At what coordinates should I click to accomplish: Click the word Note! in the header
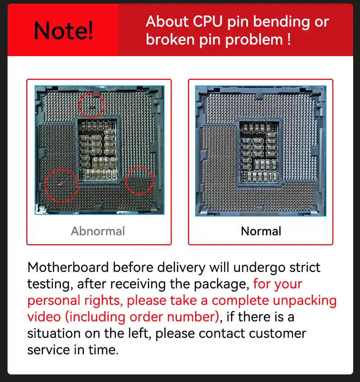pos(63,31)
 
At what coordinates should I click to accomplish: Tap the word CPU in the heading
pos(208,22)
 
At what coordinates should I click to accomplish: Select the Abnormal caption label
pos(98,231)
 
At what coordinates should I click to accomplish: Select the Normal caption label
pos(261,231)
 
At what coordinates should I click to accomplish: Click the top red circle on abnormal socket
pos(91,105)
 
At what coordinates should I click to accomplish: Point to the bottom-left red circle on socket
pos(62,185)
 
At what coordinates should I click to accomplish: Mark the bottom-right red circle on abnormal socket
pos(140,181)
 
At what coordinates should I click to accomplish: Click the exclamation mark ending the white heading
pos(289,40)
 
